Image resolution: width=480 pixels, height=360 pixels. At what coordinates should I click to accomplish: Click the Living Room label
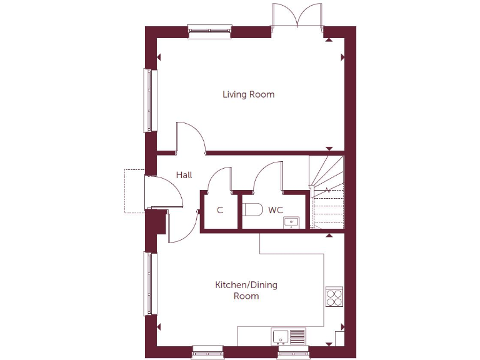click(x=248, y=95)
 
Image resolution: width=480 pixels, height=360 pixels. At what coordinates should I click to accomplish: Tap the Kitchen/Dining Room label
click(x=246, y=291)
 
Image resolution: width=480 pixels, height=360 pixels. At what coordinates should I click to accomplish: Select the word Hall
click(x=184, y=175)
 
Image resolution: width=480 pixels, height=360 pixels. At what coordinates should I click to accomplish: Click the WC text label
click(x=276, y=210)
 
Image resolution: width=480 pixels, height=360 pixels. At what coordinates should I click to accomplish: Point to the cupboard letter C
click(x=220, y=211)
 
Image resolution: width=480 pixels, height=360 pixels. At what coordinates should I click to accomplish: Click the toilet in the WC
click(x=252, y=209)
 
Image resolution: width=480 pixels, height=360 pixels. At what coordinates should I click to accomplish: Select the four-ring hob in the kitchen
click(x=334, y=296)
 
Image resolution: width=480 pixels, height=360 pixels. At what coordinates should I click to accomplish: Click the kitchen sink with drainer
click(x=289, y=336)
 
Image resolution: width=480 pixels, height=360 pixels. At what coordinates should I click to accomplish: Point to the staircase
click(x=326, y=191)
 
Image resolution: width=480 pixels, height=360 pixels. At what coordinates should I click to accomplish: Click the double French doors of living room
click(x=297, y=16)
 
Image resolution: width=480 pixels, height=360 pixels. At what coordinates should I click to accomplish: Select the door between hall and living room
click(x=191, y=137)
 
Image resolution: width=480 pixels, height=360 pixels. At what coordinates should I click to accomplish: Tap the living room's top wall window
click(x=209, y=31)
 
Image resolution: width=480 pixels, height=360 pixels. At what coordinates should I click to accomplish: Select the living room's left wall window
click(x=149, y=100)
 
